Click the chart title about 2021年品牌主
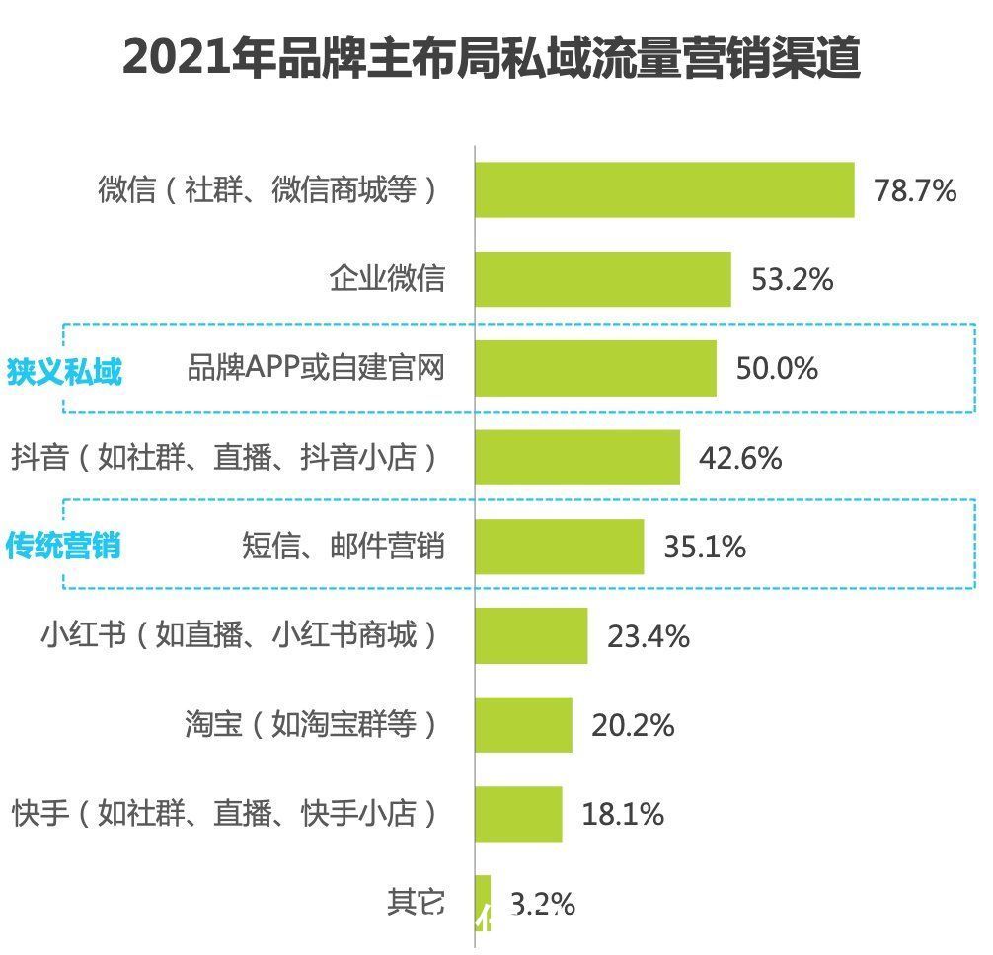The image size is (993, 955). pyautogui.click(x=492, y=60)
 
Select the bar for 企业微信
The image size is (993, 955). pyautogui.click(x=603, y=279)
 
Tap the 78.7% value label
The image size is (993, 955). pyautogui.click(x=915, y=190)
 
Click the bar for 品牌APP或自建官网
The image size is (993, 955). pyautogui.click(x=595, y=369)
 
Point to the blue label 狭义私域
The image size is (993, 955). pyautogui.click(x=64, y=372)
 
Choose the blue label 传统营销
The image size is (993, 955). pyautogui.click(x=64, y=546)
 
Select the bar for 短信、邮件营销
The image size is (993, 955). pyautogui.click(x=559, y=547)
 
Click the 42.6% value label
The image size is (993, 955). pyautogui.click(x=740, y=458)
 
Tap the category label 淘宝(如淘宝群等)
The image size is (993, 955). pyautogui.click(x=311, y=725)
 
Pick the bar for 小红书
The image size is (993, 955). pyautogui.click(x=531, y=636)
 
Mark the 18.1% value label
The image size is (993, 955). pyautogui.click(x=623, y=815)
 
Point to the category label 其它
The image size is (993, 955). pyautogui.click(x=416, y=902)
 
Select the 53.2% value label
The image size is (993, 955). pyautogui.click(x=793, y=280)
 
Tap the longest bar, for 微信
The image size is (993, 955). pyautogui.click(x=664, y=190)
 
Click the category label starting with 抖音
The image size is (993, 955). pyautogui.click(x=224, y=458)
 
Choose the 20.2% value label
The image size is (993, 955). pyautogui.click(x=633, y=726)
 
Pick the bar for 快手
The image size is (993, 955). pyautogui.click(x=518, y=814)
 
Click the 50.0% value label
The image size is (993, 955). pyautogui.click(x=777, y=369)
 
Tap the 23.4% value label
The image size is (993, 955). pyautogui.click(x=649, y=636)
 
